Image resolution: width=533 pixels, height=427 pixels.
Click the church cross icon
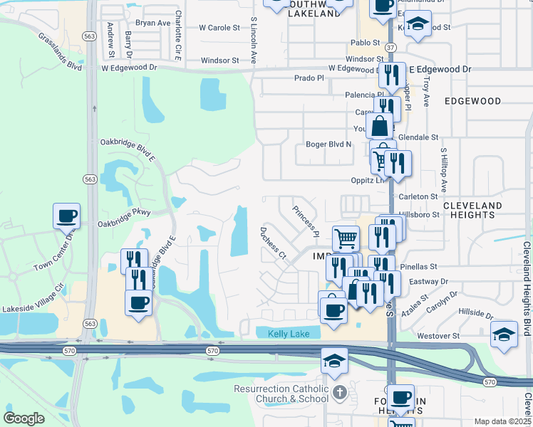tap(340, 392)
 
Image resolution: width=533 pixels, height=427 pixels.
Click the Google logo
tap(24, 418)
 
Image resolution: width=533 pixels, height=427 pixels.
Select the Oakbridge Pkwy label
tap(125, 213)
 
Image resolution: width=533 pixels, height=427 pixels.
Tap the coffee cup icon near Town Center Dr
tap(66, 215)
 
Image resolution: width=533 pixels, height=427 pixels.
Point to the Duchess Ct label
tap(272, 243)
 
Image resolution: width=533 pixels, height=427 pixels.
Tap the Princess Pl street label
tap(304, 220)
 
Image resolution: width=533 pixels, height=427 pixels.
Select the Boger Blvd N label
tap(328, 144)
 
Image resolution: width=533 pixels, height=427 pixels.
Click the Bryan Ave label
tap(153, 23)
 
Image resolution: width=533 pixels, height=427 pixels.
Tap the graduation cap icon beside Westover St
tap(504, 334)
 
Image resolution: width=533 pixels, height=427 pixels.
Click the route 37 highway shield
tap(390, 47)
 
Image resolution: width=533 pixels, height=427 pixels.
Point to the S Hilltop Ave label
tap(443, 170)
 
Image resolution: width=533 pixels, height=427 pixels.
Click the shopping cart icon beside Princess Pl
tap(346, 238)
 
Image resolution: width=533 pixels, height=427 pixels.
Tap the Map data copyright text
tap(502, 421)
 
